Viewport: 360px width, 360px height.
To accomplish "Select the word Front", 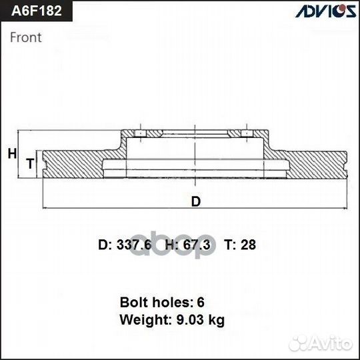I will [26, 37].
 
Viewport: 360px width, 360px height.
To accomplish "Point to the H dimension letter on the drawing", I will [11, 154].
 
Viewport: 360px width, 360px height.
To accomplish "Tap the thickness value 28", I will [249, 245].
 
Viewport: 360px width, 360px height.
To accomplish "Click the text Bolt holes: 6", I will [162, 301].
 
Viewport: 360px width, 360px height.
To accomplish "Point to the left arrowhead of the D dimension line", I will [45, 209].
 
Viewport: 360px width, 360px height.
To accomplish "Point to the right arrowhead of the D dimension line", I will [346, 209].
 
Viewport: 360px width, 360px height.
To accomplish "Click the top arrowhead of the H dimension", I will [20, 133].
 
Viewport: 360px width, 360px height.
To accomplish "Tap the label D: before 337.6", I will [106, 245].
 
